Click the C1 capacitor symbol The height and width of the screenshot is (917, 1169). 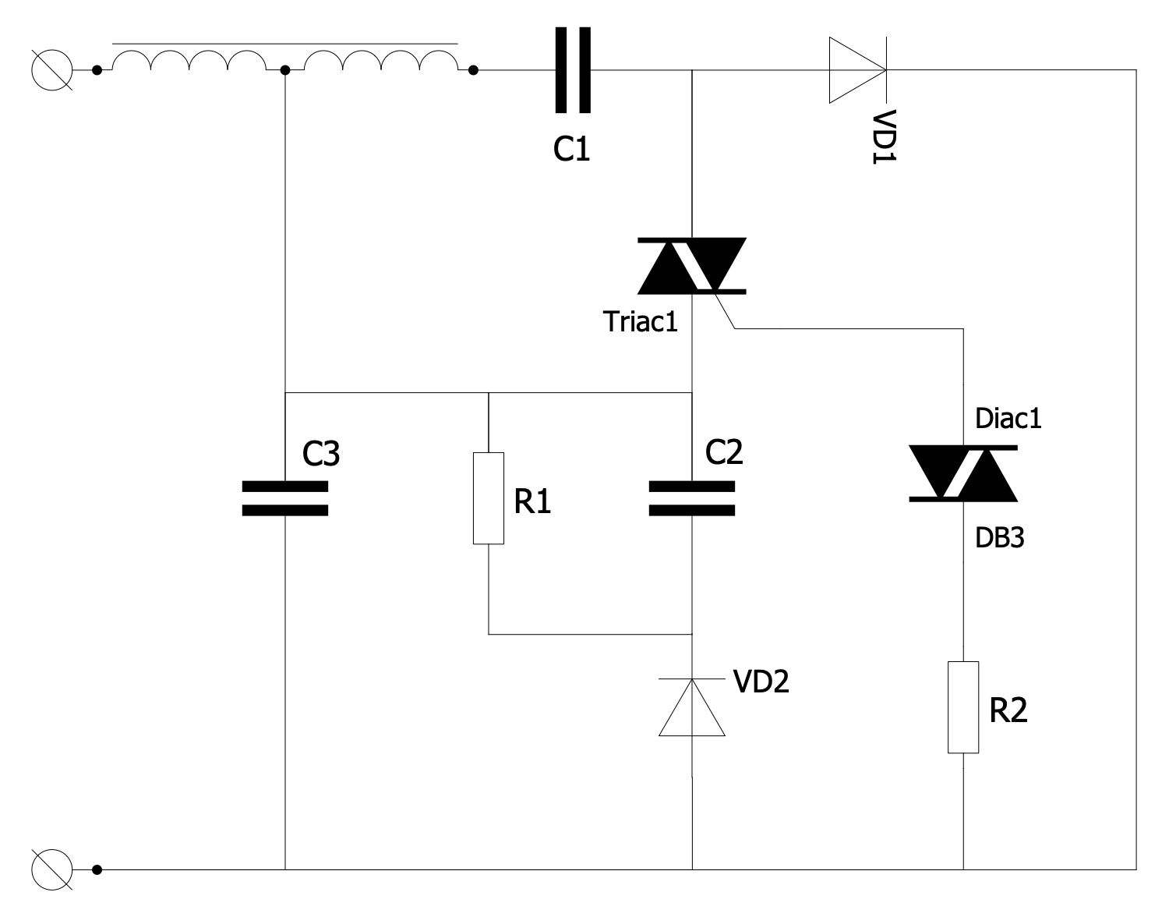[x=573, y=70]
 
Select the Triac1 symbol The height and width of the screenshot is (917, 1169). [x=692, y=266]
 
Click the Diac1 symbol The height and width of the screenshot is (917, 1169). [x=963, y=473]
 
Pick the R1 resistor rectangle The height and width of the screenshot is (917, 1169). [x=489, y=498]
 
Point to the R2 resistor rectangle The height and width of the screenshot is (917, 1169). [x=963, y=707]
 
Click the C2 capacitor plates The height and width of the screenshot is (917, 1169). [x=692, y=498]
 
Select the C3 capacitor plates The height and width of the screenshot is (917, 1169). [x=285, y=498]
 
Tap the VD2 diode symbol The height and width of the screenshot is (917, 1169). [x=692, y=707]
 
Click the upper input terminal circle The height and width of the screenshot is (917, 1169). [x=52, y=70]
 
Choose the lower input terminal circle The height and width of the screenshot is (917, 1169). [x=52, y=869]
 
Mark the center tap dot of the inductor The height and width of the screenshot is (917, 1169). [x=285, y=70]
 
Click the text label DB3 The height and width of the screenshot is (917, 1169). [x=999, y=537]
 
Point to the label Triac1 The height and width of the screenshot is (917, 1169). [x=641, y=321]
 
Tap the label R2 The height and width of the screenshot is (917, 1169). [x=1008, y=710]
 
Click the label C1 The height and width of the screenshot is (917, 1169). [x=571, y=148]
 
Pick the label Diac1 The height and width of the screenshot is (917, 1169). [x=1008, y=419]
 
